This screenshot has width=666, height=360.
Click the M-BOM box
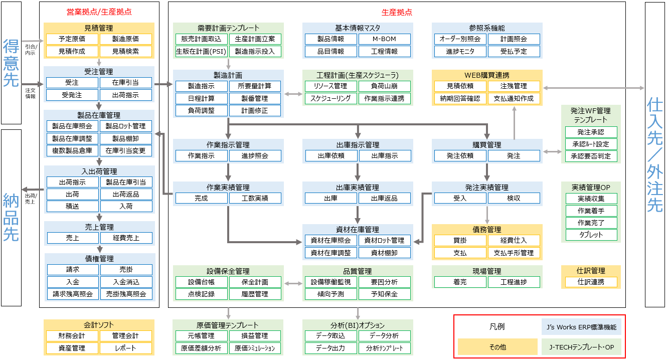point(385,39)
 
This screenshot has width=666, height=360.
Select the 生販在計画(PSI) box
point(201,52)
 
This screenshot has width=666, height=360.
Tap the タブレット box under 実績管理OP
point(591,235)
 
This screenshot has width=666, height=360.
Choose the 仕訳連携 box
point(591,282)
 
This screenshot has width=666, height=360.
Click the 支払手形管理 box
point(514,253)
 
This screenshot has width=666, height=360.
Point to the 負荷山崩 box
point(385,86)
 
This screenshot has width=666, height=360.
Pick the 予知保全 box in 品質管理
point(385,294)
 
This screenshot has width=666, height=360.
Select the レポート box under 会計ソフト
point(126,348)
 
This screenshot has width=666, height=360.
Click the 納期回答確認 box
point(460,98)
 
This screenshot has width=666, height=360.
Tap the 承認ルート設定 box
point(591,144)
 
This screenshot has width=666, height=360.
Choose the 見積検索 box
point(126,52)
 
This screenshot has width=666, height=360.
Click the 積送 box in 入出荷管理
point(73,206)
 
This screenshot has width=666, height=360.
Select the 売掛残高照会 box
point(126,294)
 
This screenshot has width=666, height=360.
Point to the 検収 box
point(514,198)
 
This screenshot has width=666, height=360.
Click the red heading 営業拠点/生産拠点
point(99,12)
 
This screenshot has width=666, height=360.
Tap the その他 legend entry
point(497,347)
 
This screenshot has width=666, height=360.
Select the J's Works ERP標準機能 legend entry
point(581,327)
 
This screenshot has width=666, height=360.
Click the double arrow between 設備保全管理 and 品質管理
point(293,284)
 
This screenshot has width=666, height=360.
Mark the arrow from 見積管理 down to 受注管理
point(99,63)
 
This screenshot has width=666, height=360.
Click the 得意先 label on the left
point(11,63)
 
